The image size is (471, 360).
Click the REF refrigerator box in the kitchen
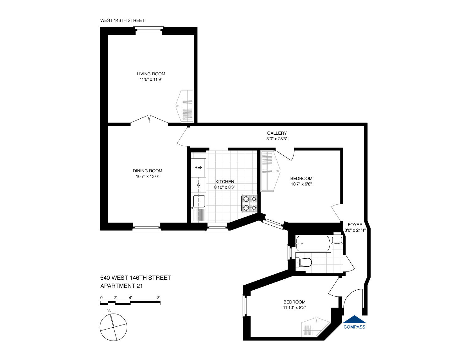(x=198, y=168)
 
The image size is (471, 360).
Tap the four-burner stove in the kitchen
(x=249, y=203)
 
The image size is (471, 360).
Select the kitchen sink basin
(x=199, y=201)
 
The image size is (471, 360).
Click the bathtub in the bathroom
(x=313, y=244)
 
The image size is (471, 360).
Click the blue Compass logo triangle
(x=354, y=319)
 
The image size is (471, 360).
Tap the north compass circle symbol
(x=113, y=327)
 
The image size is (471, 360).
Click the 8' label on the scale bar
(x=159, y=298)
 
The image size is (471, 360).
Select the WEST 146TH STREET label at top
(x=122, y=20)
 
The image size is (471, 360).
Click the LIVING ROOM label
(x=151, y=74)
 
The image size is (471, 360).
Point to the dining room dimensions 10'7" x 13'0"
(x=148, y=176)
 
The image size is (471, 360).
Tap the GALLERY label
(x=277, y=133)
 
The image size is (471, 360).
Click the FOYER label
(x=355, y=225)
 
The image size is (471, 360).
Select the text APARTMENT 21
(x=122, y=286)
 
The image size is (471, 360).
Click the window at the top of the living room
(x=149, y=30)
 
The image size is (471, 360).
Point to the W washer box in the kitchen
(x=198, y=185)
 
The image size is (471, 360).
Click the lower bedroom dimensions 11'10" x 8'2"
(x=294, y=308)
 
